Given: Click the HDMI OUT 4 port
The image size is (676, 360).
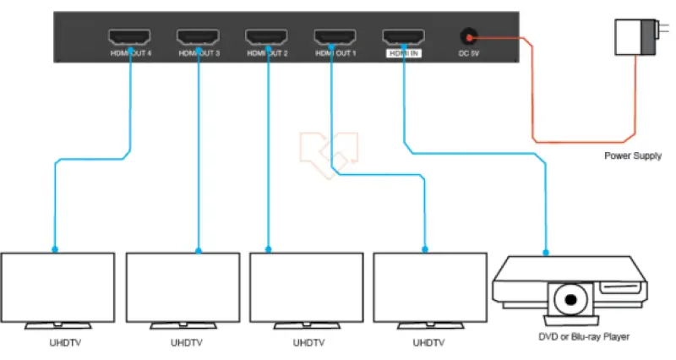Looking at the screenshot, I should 129,37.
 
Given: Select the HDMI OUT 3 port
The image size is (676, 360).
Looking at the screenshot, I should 198,37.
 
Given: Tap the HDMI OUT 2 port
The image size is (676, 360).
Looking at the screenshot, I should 266,37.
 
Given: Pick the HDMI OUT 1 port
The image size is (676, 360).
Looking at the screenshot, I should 335,37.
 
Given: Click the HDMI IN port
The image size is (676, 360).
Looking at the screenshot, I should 403,37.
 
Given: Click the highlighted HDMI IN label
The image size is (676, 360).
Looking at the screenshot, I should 403,53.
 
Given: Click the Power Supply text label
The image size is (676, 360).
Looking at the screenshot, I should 633,156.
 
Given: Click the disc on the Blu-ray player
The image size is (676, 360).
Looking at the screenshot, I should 571,302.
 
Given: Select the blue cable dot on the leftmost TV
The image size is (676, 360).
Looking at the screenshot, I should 55,250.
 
